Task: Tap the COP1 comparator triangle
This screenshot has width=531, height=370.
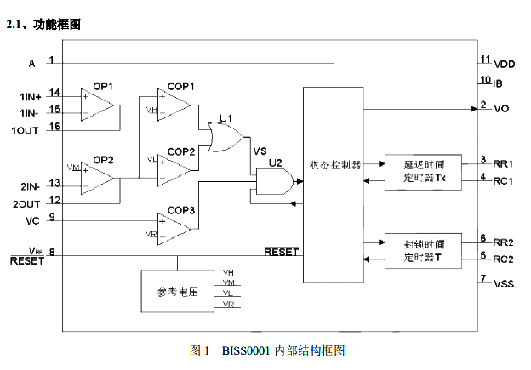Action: click(173, 106)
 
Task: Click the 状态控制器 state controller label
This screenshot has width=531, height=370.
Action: click(335, 163)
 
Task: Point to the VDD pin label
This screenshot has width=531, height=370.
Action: click(505, 64)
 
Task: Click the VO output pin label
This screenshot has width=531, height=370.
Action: click(501, 110)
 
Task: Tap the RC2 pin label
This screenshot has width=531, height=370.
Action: click(505, 259)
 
